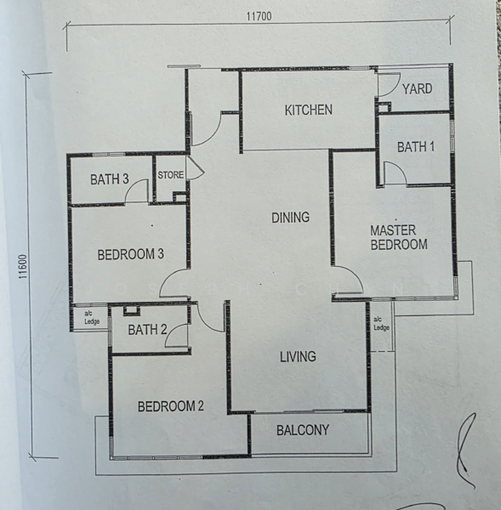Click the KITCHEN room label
pyautogui.click(x=308, y=110)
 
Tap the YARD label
pyautogui.click(x=417, y=88)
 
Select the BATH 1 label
pyautogui.click(x=416, y=147)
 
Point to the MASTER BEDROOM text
pyautogui.click(x=397, y=237)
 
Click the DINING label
pyautogui.click(x=290, y=218)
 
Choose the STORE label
pyautogui.click(x=170, y=175)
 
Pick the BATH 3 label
pyautogui.click(x=110, y=179)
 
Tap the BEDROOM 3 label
pyautogui.click(x=130, y=254)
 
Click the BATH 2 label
pyautogui.click(x=147, y=330)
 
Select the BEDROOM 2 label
pyautogui.click(x=170, y=406)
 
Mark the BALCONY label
pyautogui.click(x=303, y=430)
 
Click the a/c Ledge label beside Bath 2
pyautogui.click(x=90, y=317)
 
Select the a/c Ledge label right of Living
pyautogui.click(x=381, y=324)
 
